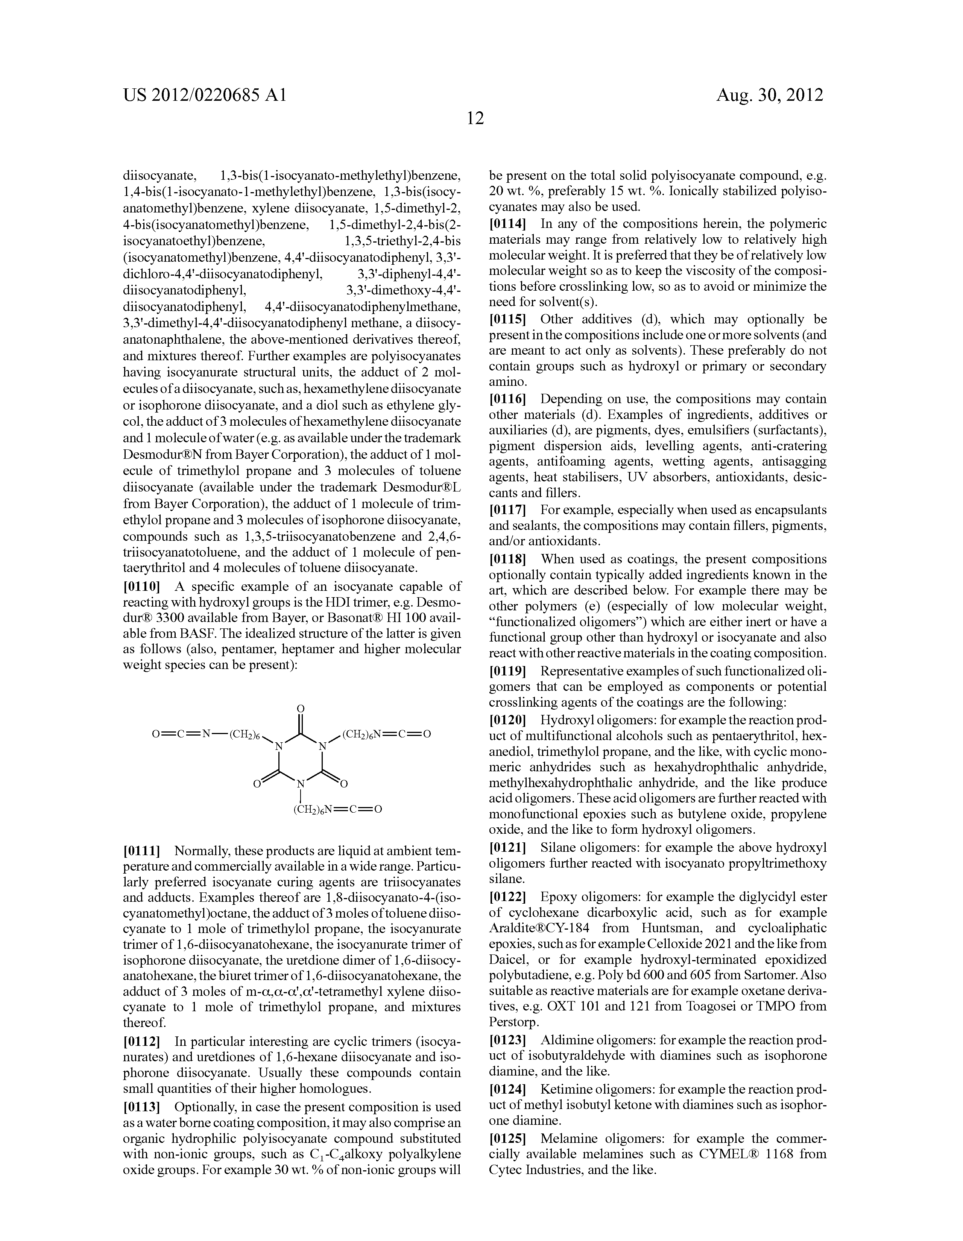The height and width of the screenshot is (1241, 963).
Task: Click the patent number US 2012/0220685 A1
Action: coord(204,94)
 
